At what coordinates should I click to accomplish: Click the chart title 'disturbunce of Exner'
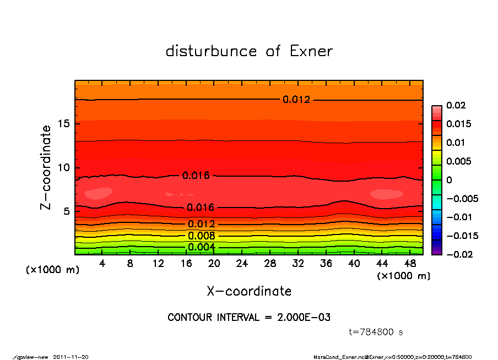point(249,51)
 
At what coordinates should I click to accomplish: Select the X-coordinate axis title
point(249,291)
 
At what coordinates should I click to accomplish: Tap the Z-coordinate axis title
point(46,167)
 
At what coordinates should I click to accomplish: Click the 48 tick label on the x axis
point(410,264)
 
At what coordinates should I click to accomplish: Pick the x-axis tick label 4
point(102,264)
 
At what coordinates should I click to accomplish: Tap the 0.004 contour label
point(202,247)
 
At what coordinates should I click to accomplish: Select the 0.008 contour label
point(202,236)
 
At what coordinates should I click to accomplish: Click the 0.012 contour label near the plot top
point(296,100)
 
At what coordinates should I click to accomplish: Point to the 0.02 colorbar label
point(457,105)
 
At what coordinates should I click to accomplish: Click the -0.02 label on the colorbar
point(458,254)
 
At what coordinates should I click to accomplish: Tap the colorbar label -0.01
point(458,217)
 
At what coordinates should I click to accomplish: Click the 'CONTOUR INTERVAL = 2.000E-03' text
point(249,318)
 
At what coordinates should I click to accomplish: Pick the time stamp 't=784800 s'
point(376,332)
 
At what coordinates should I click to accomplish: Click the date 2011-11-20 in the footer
point(71,357)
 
